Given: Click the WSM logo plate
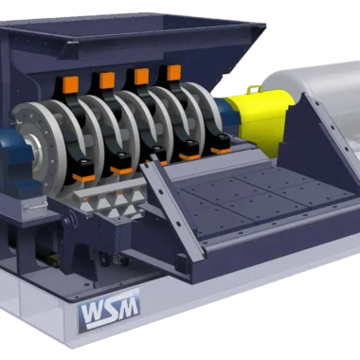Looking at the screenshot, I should [x=109, y=311].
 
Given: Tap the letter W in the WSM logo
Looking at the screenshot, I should [x=93, y=312].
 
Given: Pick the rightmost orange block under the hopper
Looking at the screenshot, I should [x=173, y=73].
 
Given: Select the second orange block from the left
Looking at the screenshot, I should [x=107, y=81].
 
